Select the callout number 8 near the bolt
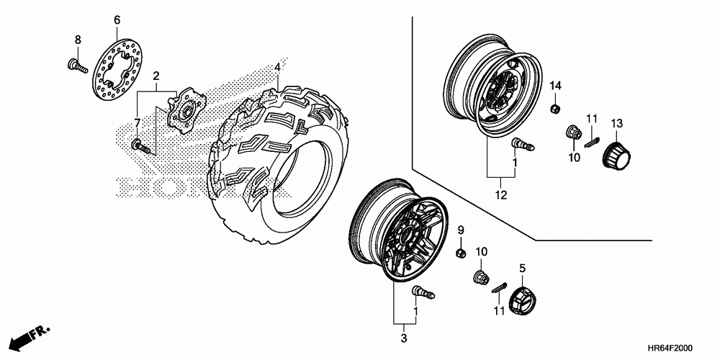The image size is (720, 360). coord(78,39)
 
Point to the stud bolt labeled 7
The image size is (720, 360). coord(141,147)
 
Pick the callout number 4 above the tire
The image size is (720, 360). coord(277,68)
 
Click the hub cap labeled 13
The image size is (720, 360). coord(616,153)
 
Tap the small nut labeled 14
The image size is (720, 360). coord(556,109)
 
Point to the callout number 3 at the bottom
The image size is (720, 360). coord(403,338)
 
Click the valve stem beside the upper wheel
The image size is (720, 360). coord(522,146)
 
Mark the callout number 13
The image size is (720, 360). coord(616,125)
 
